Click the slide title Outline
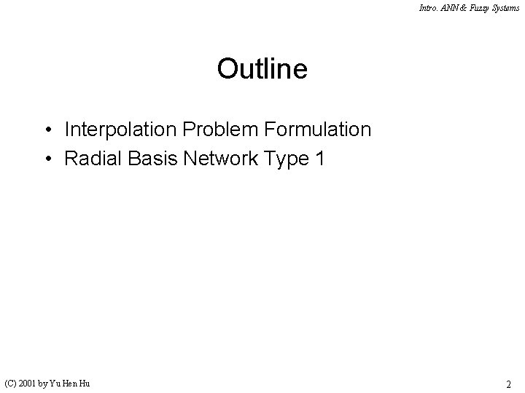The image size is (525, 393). [x=262, y=69]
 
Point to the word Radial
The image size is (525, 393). [x=87, y=159]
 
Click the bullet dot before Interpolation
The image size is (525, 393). [x=47, y=130]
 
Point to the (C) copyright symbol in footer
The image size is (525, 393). [x=11, y=382]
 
